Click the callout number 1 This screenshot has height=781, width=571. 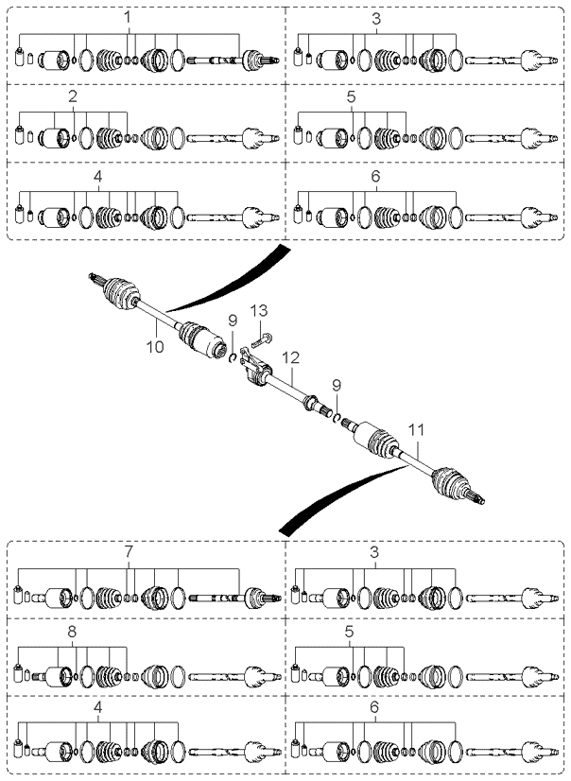click(128, 17)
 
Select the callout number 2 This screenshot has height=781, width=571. click(73, 96)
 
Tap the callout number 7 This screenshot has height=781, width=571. click(129, 552)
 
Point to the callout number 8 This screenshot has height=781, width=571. click(72, 632)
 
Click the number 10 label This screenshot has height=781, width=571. click(155, 346)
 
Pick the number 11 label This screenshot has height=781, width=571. click(416, 429)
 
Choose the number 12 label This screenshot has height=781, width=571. click(291, 357)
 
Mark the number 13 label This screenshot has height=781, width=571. click(259, 311)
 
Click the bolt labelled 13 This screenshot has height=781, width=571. click(263, 341)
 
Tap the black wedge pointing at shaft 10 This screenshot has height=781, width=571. click(229, 280)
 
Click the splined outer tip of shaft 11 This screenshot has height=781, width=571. click(478, 498)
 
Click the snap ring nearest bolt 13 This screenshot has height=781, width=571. click(232, 357)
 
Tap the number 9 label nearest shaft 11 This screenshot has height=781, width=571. click(337, 386)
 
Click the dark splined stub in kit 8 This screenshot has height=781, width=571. click(38, 676)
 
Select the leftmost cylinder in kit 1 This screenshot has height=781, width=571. click(21, 57)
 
